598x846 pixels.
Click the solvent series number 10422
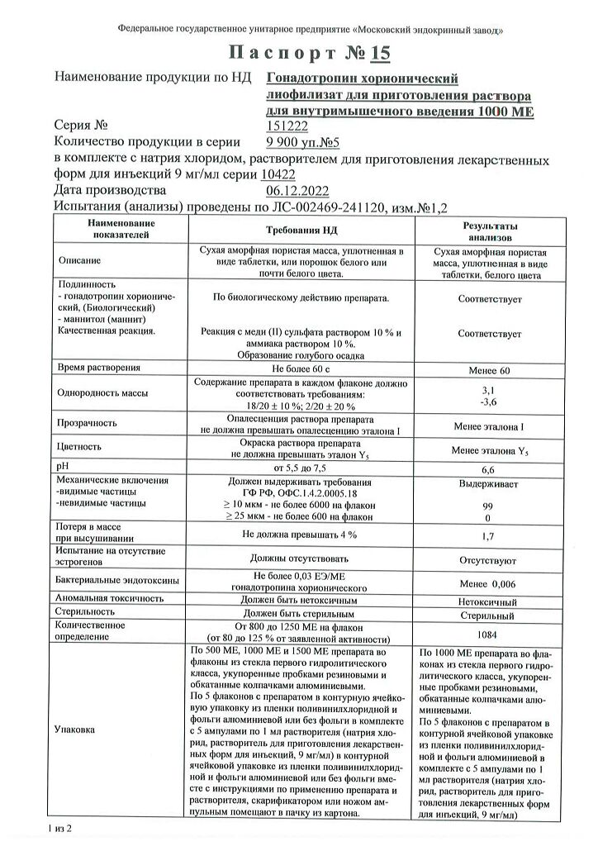pos(277,174)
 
